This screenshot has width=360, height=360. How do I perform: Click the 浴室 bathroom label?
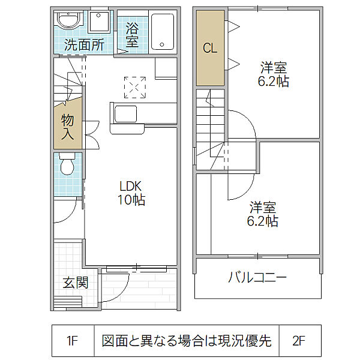pyautogui.click(x=132, y=34)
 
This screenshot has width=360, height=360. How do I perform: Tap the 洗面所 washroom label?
pyautogui.click(x=85, y=44)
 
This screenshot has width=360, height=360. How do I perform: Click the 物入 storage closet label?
pyautogui.click(x=67, y=127)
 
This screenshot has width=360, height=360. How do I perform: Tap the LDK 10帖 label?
pyautogui.click(x=131, y=193)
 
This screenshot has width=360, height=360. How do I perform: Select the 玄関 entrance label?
pyautogui.click(x=76, y=281)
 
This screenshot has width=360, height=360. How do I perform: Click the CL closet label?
pyautogui.click(x=209, y=49)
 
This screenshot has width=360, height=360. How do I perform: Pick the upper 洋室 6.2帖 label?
pyautogui.click(x=273, y=73)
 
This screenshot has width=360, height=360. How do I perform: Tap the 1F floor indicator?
pyautogui.click(x=73, y=341)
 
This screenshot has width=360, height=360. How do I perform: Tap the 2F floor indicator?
pyautogui.click(x=299, y=341)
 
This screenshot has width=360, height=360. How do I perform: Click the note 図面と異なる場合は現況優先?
pyautogui.click(x=187, y=341)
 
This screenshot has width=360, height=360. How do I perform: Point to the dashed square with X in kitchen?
pyautogui.click(x=135, y=87)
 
